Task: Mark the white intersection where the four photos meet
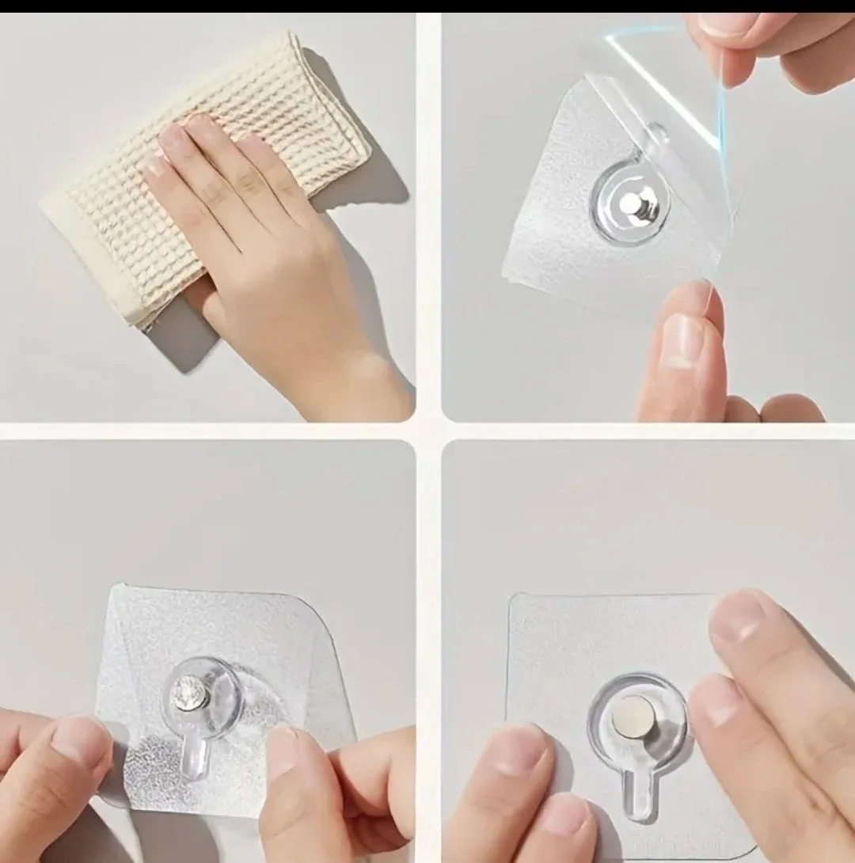(428, 431)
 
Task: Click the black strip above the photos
(427, 6)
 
